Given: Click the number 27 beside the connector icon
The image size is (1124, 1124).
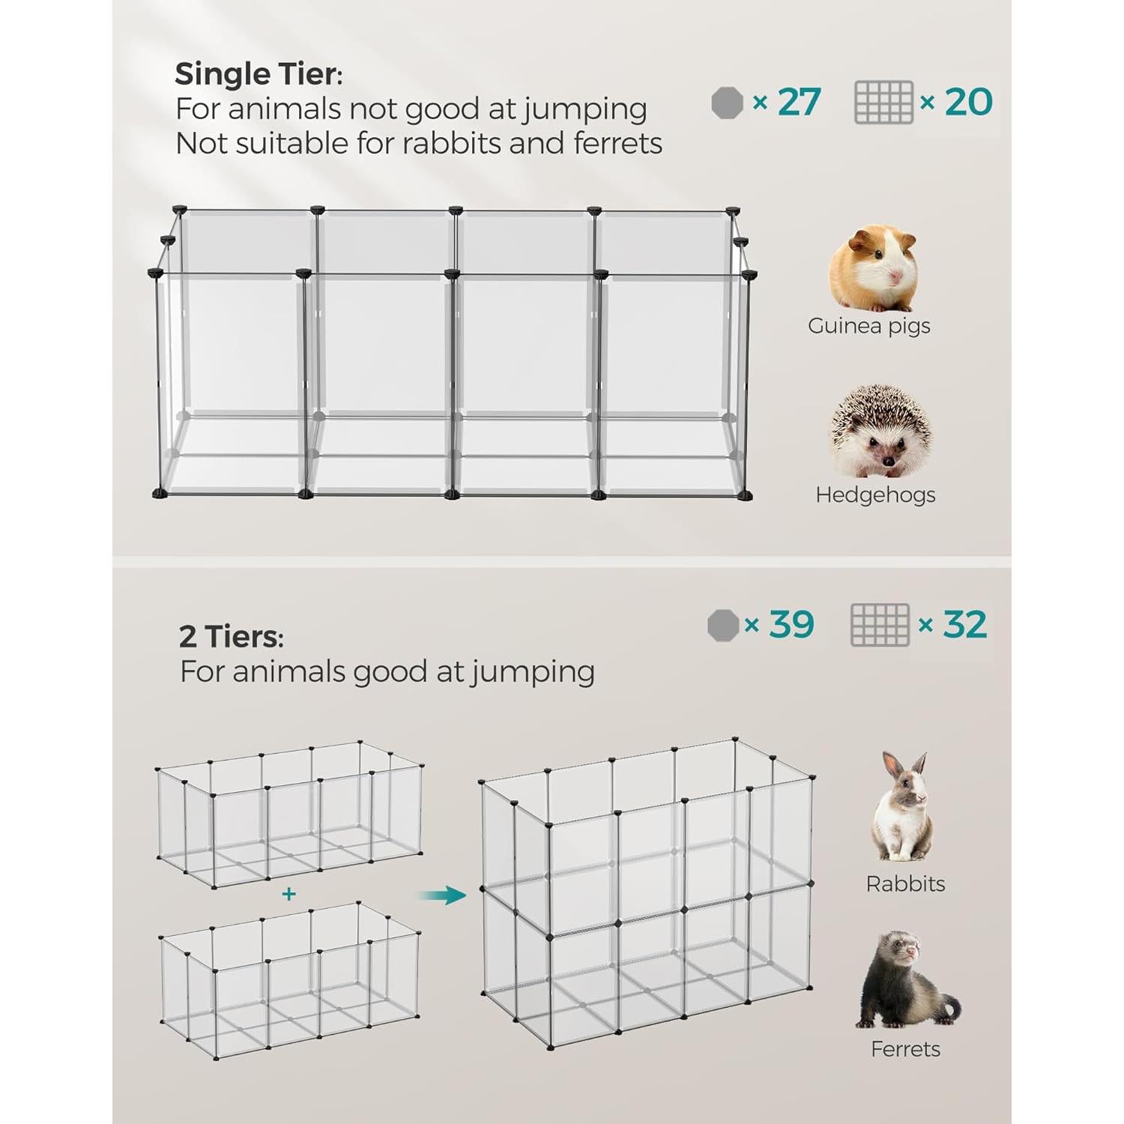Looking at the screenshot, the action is tap(799, 102).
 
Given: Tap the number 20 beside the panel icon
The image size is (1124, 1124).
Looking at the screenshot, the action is tap(968, 102).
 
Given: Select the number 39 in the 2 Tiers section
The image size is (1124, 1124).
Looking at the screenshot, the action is tap(791, 624).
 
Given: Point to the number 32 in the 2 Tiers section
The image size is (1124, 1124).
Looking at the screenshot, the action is tap(965, 624).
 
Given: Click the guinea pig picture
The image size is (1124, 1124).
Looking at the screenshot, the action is tap(874, 268).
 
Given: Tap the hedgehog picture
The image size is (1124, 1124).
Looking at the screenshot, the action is tap(880, 432).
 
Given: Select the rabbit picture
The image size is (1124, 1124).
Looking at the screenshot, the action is tap(902, 806).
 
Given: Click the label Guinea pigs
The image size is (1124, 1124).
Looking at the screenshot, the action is tap(869, 326).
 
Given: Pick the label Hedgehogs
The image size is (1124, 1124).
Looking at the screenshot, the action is tap(875, 495).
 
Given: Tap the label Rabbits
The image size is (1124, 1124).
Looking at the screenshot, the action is tap(905, 883).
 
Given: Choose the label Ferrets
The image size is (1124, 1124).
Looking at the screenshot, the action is tap(905, 1049).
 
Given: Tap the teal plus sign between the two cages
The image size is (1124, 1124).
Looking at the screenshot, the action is tap(288, 894).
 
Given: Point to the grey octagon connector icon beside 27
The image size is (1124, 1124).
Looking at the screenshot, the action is tap(727, 103).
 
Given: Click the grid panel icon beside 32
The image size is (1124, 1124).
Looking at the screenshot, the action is tap(880, 625).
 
